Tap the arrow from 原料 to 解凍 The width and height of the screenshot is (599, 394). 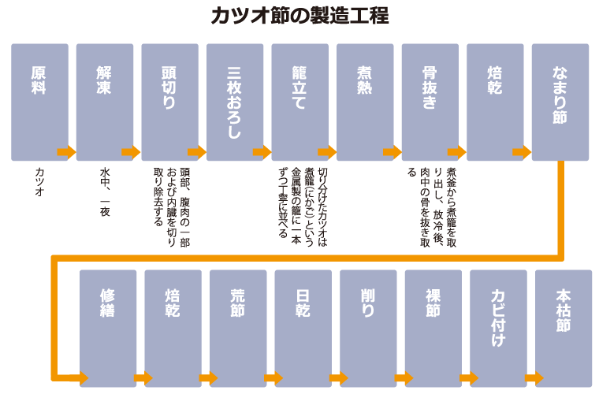tap(66, 152)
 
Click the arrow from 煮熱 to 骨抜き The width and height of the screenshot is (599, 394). tap(392, 152)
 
